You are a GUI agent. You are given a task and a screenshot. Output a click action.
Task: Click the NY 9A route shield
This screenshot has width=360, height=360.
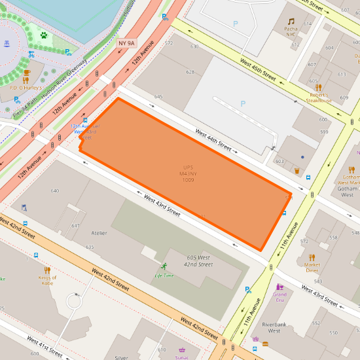coord(126,43)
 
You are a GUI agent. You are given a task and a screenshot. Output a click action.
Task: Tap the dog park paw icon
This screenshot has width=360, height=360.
coord(44,35)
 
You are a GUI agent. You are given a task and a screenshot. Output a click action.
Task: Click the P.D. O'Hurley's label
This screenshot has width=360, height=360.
coord(26,86)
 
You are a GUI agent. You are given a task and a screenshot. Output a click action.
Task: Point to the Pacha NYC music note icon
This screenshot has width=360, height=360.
coord(291,22)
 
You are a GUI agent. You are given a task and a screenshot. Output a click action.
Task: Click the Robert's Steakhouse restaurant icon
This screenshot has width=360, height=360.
coord(319,87)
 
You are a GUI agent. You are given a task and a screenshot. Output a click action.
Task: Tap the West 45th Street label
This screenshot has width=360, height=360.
coord(258,68)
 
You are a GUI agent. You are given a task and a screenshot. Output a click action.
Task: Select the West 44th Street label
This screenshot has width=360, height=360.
coord(213,140)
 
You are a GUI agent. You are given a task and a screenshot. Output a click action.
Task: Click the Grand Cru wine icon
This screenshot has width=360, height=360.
coord(279,287)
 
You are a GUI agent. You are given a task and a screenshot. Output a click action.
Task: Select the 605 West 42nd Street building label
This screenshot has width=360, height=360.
coord(198,261)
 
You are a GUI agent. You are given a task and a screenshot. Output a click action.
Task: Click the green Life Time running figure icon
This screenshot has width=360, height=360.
coord(164,266)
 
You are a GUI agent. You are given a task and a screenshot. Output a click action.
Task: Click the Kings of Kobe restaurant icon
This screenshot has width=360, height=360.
coord(46,270)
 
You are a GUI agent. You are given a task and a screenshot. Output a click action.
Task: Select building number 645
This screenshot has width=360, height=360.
coord(158,96)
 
